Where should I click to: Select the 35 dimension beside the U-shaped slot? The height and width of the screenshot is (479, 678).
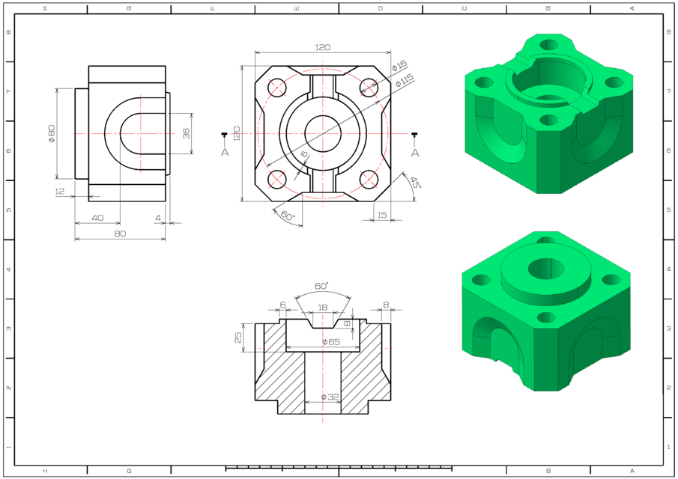point(186,133)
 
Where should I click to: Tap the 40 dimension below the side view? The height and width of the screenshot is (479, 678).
point(97,218)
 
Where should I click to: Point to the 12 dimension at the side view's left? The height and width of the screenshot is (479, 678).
point(60,192)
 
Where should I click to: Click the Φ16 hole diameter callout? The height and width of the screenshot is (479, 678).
point(399,66)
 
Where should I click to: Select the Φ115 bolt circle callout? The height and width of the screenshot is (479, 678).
point(405,80)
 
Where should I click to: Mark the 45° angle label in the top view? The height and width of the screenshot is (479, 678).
point(414,182)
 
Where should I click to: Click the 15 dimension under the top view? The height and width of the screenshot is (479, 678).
point(382,215)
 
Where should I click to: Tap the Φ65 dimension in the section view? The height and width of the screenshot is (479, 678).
point(330,342)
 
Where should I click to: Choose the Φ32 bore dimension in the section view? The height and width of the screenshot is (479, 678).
point(330,397)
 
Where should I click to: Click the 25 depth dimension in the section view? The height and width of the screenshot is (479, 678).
point(239,337)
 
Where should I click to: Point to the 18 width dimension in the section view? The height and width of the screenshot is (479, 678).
point(323,308)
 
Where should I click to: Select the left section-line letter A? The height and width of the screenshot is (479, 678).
point(225,152)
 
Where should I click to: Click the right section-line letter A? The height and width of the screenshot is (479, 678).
point(414,152)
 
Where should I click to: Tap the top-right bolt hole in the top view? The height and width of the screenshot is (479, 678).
point(368,87)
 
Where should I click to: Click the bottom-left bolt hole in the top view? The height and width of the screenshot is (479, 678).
point(276,179)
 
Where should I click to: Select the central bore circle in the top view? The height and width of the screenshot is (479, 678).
point(323,133)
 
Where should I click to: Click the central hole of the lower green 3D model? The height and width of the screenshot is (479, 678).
point(545,268)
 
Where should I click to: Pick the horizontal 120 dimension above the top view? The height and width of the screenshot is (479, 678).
point(322,47)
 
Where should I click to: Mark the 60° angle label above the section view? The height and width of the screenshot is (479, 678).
point(321,287)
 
